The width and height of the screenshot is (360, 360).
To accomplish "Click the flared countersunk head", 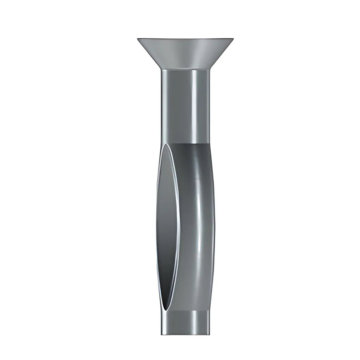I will pyautogui.click(x=185, y=53).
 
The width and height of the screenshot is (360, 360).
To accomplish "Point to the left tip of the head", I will pyautogui.click(x=138, y=38).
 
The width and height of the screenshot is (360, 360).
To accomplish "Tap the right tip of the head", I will pyautogui.click(x=233, y=38).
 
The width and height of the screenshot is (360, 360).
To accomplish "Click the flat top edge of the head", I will pyautogui.click(x=185, y=38).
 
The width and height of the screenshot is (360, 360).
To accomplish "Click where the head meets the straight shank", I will pyautogui.click(x=185, y=69).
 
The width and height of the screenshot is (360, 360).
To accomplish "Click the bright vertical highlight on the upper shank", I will pyautogui.click(x=194, y=105).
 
